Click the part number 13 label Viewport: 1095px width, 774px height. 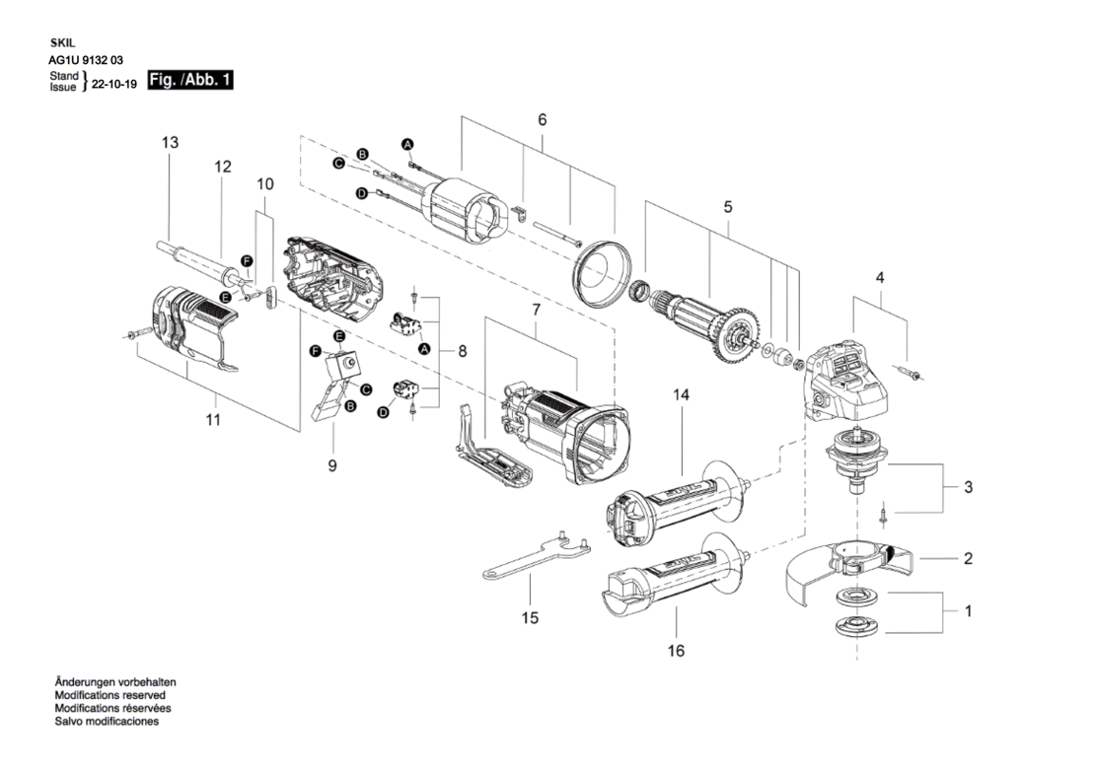click(x=170, y=142)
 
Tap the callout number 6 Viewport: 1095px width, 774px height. click(x=542, y=119)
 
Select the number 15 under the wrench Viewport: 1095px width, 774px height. click(x=530, y=617)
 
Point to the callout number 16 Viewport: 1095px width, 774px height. click(x=676, y=651)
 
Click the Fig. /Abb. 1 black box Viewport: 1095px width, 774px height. click(x=190, y=80)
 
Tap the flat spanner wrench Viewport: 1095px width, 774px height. click(x=537, y=555)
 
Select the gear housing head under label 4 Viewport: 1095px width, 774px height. click(x=847, y=381)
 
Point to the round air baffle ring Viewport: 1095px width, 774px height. click(x=602, y=272)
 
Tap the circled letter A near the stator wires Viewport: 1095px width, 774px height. click(x=407, y=145)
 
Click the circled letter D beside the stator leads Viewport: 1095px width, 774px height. click(x=362, y=193)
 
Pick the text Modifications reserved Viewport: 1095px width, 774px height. click(x=110, y=695)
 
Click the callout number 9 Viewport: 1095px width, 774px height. click(x=332, y=464)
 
